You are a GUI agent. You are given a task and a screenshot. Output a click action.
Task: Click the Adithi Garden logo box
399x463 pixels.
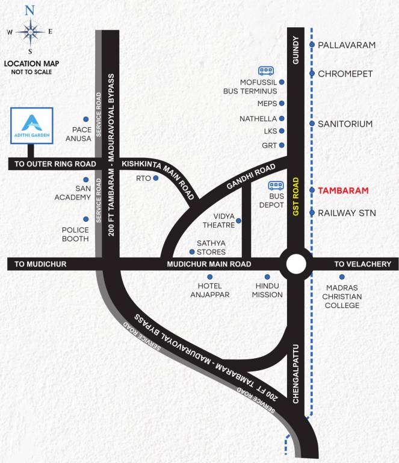coord(32,126)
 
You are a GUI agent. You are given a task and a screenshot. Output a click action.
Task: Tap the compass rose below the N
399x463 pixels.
coord(29,31)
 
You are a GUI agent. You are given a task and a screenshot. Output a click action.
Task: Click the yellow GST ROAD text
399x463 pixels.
coord(296,197)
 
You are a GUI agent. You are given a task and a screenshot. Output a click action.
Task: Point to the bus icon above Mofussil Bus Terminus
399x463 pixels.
coord(266,70)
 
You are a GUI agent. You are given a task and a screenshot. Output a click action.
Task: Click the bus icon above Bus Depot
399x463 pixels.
coord(276,186)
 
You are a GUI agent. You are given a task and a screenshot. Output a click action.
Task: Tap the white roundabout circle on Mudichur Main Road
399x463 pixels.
coord(295,264)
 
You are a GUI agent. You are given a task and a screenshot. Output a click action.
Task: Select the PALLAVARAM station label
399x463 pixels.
coord(347,45)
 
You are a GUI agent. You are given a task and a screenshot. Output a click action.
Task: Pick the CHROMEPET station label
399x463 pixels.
coord(345,74)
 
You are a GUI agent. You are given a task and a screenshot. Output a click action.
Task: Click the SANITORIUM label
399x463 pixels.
coord(345,124)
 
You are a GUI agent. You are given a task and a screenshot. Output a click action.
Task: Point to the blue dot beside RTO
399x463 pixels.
coord(156,178)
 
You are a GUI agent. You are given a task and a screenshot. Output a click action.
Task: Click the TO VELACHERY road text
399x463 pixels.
coord(363,264)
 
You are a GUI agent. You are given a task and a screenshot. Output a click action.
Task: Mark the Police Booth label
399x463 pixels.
coord(75,235)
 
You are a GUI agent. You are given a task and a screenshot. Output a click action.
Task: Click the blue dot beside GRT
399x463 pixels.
coord(282,146)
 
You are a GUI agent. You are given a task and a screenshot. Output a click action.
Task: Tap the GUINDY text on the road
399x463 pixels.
coord(295,53)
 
